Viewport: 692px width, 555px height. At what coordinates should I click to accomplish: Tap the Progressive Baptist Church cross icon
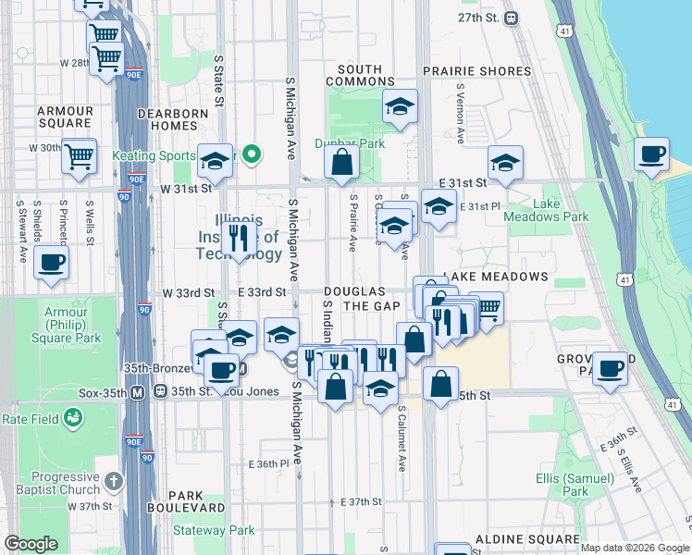pyautogui.click(x=113, y=481)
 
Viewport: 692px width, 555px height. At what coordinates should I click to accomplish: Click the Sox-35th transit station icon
pyautogui.click(x=137, y=391)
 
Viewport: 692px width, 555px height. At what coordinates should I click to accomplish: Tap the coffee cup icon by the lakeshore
pyautogui.click(x=652, y=154)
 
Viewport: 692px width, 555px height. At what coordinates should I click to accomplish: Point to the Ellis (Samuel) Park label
pyautogui.click(x=575, y=485)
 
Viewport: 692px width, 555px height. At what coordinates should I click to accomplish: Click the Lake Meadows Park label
pyautogui.click(x=546, y=210)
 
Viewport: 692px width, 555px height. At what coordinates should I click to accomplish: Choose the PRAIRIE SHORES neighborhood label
pyautogui.click(x=476, y=71)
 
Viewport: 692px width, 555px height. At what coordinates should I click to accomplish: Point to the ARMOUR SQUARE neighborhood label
pyautogui.click(x=65, y=117)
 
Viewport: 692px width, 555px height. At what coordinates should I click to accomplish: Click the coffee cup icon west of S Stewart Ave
pyautogui.click(x=51, y=262)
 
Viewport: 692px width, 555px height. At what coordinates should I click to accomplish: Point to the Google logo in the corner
pyautogui.click(x=31, y=544)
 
